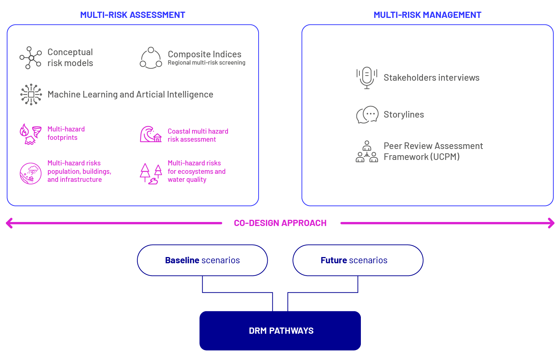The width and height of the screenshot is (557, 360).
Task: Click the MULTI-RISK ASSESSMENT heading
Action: point(133,15)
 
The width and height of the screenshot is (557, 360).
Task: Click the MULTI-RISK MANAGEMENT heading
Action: point(427,15)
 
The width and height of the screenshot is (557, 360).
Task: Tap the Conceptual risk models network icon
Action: point(30,58)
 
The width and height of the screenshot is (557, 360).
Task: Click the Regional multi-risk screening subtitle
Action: point(206,63)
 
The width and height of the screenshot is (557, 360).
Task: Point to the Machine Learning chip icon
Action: point(31,95)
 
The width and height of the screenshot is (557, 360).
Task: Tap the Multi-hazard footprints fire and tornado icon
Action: point(30,134)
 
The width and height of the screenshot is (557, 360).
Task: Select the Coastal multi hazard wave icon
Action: point(150,134)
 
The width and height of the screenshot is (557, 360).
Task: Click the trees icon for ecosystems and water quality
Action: point(150,173)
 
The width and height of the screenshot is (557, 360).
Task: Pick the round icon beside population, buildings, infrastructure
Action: point(30,173)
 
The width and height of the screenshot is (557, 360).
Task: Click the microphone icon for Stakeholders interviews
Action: point(367,77)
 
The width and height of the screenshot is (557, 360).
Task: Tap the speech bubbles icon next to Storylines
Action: point(367,115)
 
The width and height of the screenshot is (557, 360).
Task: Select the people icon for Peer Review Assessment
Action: point(367,152)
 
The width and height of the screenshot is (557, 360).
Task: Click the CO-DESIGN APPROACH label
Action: point(280,223)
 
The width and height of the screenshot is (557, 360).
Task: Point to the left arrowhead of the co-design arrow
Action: point(9,223)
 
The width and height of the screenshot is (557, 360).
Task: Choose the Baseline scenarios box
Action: point(202,260)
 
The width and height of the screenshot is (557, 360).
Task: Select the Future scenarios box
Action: point(358,260)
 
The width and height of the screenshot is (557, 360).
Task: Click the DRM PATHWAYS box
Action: point(280,331)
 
